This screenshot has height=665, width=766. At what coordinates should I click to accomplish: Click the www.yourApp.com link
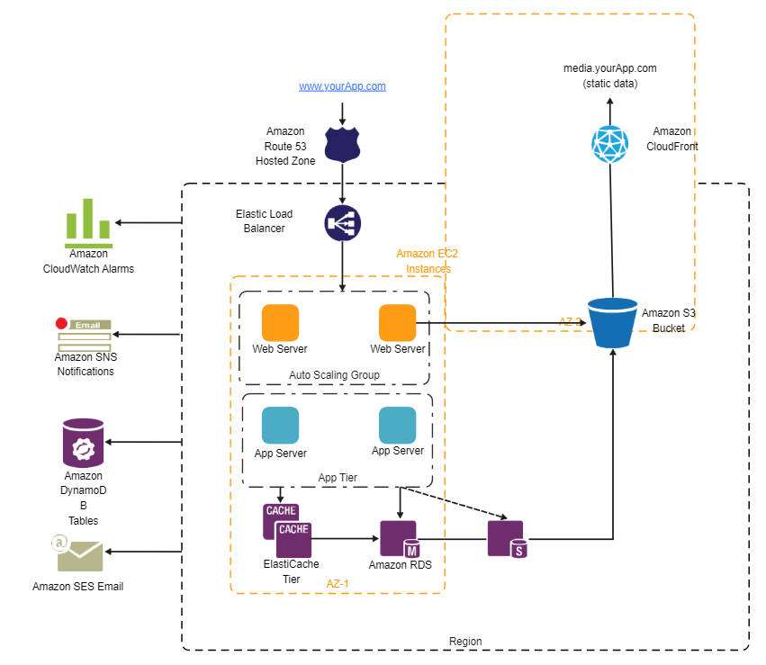tap(342, 86)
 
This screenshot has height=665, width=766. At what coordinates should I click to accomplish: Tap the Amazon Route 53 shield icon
tap(342, 144)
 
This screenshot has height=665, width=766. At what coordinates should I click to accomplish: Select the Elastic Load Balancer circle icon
tap(342, 222)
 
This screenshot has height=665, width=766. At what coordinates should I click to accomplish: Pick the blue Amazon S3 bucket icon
tap(612, 323)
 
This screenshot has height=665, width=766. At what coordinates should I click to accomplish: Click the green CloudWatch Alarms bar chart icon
tap(88, 223)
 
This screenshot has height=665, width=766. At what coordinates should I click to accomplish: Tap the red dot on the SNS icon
tap(61, 323)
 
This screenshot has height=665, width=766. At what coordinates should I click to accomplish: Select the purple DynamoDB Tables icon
tap(83, 443)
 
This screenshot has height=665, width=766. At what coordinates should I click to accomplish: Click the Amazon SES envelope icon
tap(79, 555)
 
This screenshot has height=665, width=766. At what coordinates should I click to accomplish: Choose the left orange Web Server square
tap(280, 323)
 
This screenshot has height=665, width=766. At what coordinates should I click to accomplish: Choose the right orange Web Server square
tap(397, 323)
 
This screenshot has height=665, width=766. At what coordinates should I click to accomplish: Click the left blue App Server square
tap(280, 426)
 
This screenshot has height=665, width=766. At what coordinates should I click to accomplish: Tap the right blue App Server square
tap(397, 425)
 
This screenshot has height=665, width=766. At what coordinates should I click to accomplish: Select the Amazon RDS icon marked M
tap(399, 538)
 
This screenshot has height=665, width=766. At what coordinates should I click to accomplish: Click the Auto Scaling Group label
tap(334, 374)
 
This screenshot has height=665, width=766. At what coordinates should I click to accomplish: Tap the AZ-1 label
tap(338, 583)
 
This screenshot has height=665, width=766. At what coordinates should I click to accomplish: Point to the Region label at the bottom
tap(464, 642)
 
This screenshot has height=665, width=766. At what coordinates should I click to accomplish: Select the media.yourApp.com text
tap(609, 68)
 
